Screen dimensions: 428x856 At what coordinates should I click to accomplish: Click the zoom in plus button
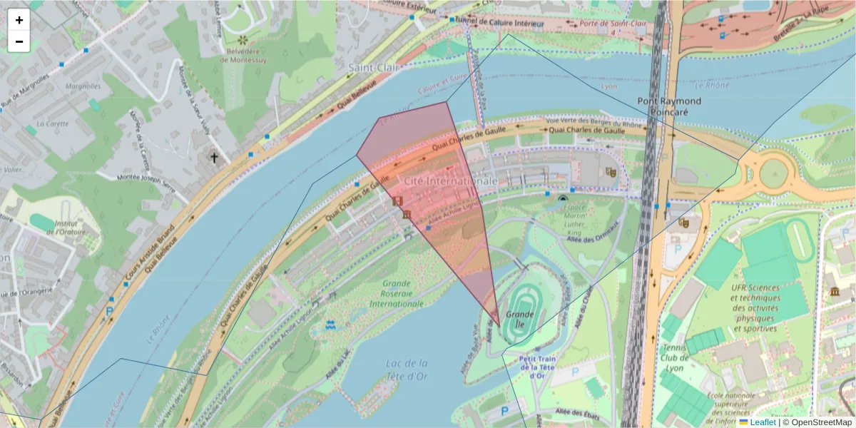tap(19, 20)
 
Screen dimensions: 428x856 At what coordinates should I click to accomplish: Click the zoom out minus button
tap(19, 41)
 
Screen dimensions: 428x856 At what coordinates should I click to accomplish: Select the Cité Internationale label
tap(451, 182)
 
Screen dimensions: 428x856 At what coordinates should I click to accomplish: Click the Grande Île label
tap(520, 315)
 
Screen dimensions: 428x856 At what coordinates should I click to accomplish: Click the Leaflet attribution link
tap(762, 422)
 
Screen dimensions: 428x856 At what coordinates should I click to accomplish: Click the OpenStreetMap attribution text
tap(817, 422)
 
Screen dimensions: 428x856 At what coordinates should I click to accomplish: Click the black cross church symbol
tap(213, 156)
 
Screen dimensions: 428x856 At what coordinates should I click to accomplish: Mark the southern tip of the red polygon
tap(498, 326)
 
